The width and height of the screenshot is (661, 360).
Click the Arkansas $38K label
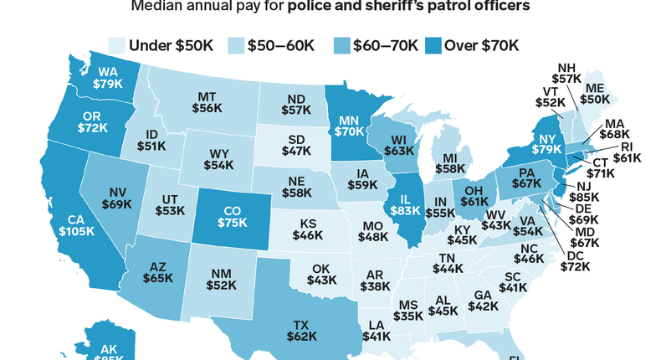click(369, 281)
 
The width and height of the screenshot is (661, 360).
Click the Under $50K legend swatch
click(117, 44)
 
